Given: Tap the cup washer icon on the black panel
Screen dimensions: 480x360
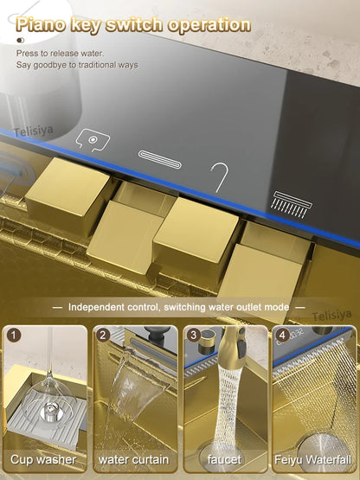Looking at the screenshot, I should click(x=91, y=138).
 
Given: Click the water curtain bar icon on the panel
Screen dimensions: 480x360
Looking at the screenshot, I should click(x=161, y=157).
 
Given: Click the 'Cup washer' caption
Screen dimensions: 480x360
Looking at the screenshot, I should click(x=44, y=459).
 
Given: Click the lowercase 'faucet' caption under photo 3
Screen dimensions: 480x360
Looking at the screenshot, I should click(x=225, y=459).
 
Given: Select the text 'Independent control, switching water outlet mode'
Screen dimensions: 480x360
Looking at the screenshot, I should click(x=179, y=306).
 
